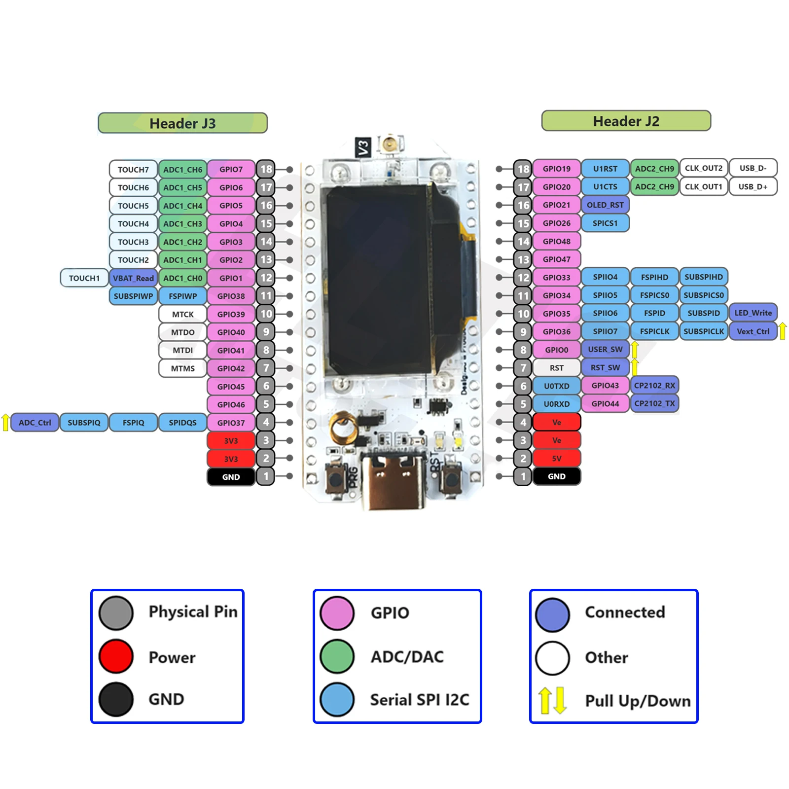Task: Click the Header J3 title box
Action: tap(182, 123)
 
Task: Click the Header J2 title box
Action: tap(626, 121)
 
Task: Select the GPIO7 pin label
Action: tap(231, 169)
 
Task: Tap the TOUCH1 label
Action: tap(84, 278)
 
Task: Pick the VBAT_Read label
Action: tap(133, 278)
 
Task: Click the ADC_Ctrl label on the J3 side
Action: tap(35, 423)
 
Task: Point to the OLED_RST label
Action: tap(605, 205)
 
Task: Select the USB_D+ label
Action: tap(753, 187)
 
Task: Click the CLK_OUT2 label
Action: tap(703, 168)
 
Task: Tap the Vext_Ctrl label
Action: tap(753, 331)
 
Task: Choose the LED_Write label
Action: tap(753, 313)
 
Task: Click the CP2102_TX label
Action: tap(654, 403)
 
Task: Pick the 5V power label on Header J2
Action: tap(556, 458)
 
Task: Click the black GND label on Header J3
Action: tap(231, 477)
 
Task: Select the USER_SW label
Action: tap(605, 349)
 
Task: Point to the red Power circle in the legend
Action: tap(116, 656)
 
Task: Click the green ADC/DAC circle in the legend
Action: tap(337, 656)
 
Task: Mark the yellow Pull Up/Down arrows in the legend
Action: tap(552, 700)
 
